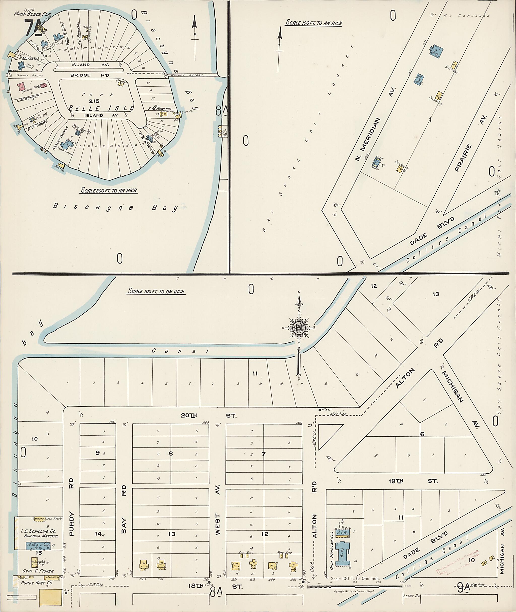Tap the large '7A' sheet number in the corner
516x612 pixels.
tap(33, 28)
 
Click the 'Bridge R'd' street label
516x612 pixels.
tap(89, 75)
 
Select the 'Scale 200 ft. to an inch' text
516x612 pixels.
tap(109, 190)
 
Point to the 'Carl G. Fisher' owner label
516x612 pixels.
tap(38, 571)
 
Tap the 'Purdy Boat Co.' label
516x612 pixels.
tap(37, 583)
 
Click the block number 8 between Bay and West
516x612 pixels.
tap(171, 454)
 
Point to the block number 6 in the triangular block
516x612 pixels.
tap(422, 434)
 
